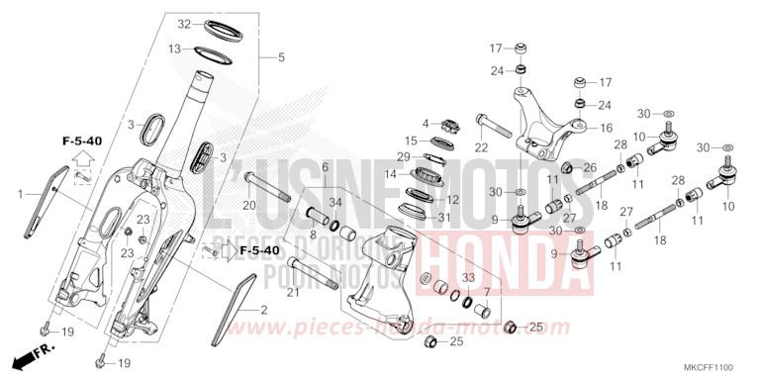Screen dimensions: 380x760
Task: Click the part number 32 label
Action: tap(184, 24)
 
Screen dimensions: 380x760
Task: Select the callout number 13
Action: tap(174, 48)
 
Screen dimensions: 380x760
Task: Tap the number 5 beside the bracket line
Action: tap(281, 57)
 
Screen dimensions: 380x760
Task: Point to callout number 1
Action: tap(18, 193)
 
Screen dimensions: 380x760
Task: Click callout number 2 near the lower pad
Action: tap(264, 311)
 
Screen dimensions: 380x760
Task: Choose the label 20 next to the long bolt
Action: tap(249, 205)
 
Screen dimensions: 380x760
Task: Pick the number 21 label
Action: tap(264, 292)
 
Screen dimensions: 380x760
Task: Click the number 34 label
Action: tap(335, 203)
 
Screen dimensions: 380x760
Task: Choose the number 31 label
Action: tap(444, 217)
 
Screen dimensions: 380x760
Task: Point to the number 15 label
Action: tap(411, 142)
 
